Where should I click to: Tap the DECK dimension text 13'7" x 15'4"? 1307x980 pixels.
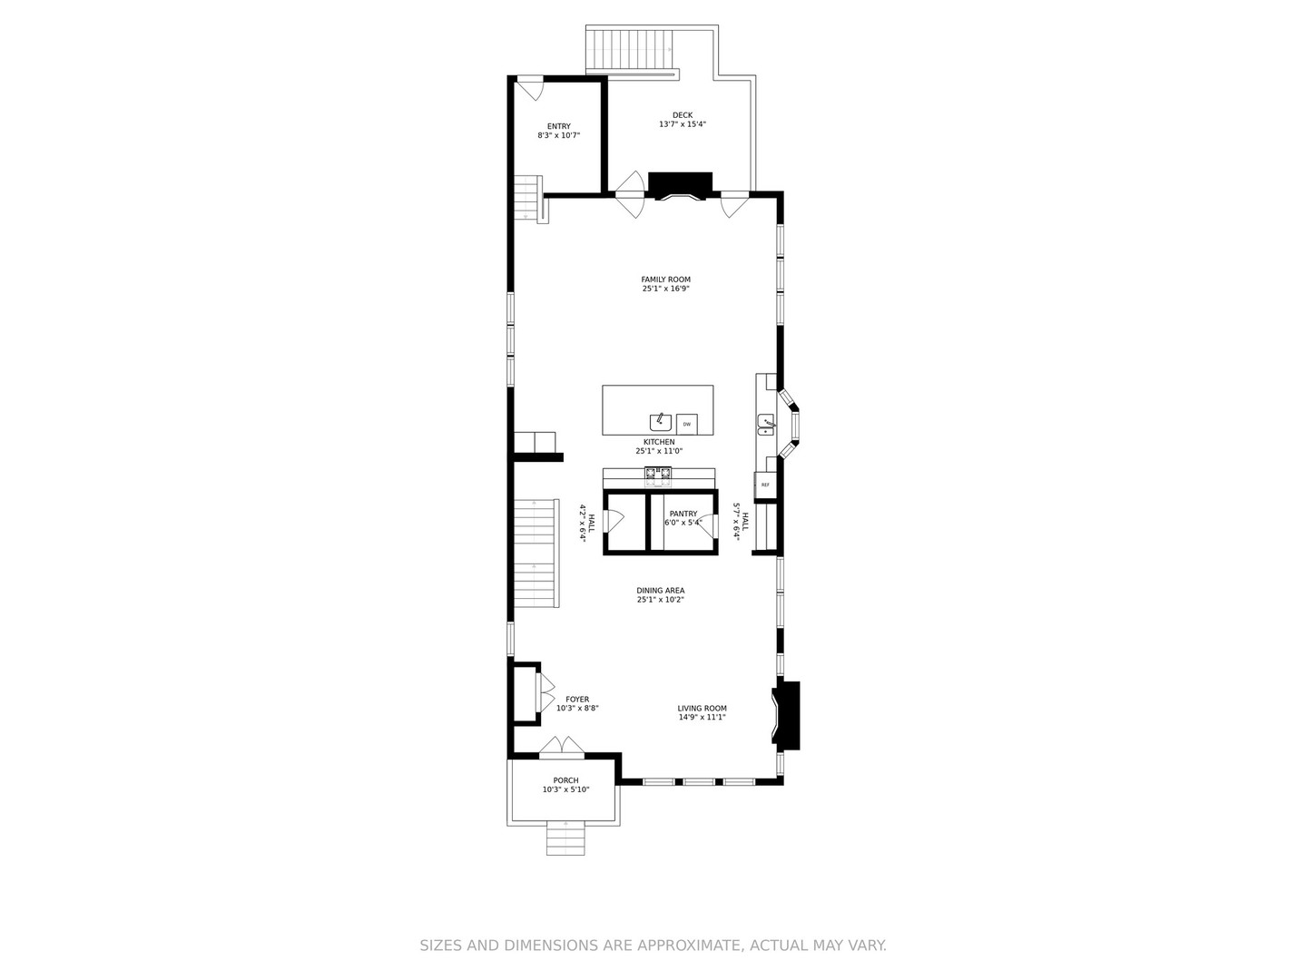point(683,124)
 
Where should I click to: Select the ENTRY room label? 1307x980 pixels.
point(558,126)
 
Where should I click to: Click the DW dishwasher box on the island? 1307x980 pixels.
point(687,424)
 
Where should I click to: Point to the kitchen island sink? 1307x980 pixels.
point(661,422)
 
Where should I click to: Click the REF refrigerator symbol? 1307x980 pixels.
point(765,485)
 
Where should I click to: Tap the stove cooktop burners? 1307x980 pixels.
point(658,472)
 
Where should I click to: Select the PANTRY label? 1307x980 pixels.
point(683,514)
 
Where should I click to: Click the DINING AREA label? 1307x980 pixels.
point(660,591)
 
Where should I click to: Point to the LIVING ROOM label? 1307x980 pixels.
point(702,709)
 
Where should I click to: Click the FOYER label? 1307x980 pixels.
point(577,700)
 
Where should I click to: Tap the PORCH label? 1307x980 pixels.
point(565,780)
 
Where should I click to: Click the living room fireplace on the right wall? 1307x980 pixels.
point(787,715)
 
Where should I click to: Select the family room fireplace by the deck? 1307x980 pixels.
point(680,184)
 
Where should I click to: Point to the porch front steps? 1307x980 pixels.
point(565,839)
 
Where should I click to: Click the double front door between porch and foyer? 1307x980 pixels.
point(562,747)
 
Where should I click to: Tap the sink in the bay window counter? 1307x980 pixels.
point(767,425)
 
